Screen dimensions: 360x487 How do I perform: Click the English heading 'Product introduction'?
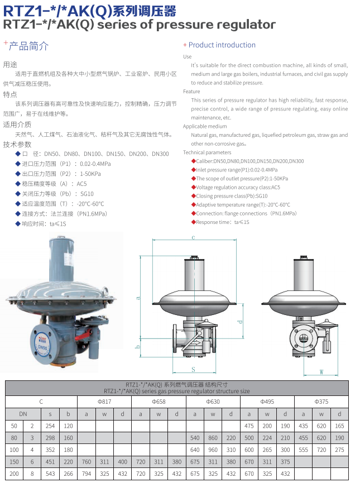[x=222, y=45]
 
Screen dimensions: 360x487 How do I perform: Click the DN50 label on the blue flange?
[x=42, y=347]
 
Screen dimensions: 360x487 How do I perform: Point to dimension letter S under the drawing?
[x=193, y=369]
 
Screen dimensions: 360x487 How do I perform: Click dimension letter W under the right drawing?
[x=321, y=372]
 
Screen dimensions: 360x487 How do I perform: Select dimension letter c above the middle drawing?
[x=193, y=237]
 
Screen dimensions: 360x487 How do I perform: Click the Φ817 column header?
[x=104, y=402]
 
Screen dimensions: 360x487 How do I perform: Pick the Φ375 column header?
[x=321, y=402]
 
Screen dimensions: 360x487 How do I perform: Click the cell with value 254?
[x=50, y=426]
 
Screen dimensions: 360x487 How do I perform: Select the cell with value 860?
[x=213, y=438]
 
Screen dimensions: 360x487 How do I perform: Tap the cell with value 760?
[x=87, y=462]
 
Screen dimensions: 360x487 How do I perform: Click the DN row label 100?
[x=14, y=450]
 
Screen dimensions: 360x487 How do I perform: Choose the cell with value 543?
[x=50, y=474]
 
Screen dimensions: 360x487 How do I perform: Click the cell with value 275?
[x=339, y=450]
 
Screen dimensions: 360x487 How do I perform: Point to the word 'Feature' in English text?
[x=191, y=92]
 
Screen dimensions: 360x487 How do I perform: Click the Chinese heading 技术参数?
[x=17, y=145]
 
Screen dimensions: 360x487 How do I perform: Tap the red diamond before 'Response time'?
[x=193, y=222]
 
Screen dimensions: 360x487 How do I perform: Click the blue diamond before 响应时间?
[x=18, y=223]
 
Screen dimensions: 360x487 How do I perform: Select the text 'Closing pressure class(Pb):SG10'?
[x=232, y=196]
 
